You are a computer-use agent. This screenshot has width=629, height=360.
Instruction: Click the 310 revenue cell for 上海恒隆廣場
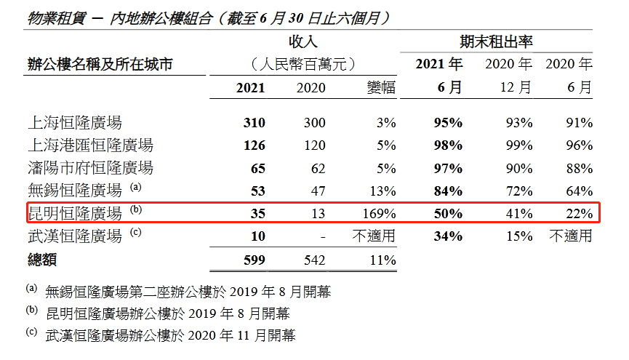[x=255, y=122]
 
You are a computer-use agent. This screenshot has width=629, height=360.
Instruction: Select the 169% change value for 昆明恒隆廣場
[x=379, y=214]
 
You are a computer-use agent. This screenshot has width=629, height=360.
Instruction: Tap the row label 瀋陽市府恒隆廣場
[x=90, y=168]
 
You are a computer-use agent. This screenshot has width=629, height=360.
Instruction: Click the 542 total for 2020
[x=312, y=260]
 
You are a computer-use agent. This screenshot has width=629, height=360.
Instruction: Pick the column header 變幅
[x=380, y=88]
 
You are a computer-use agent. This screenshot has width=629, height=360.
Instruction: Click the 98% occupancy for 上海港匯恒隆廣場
[x=447, y=145]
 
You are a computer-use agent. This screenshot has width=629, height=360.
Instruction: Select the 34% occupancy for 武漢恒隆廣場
[x=447, y=236]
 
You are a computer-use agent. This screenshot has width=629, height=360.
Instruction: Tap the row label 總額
[x=41, y=260]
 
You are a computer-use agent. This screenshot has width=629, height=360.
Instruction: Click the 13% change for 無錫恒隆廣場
[x=382, y=191]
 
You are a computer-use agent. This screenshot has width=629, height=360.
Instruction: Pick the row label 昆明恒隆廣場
[x=74, y=214]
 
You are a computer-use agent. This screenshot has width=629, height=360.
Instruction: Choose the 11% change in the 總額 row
[x=382, y=260]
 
